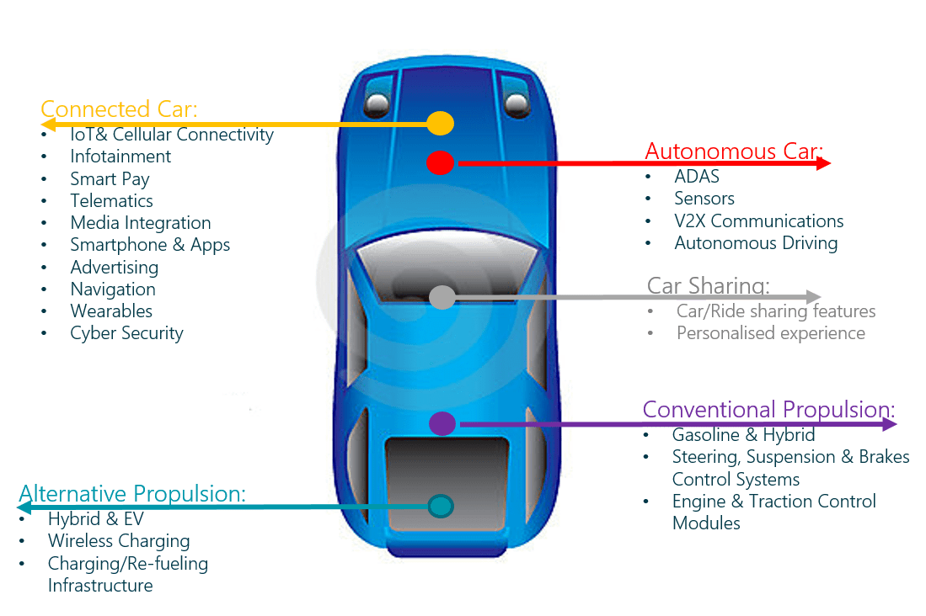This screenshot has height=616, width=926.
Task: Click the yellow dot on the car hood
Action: click(x=440, y=124)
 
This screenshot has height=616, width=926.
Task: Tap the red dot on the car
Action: click(x=440, y=162)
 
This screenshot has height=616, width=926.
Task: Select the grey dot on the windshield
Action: click(x=442, y=297)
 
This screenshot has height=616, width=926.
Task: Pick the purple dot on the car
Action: click(x=442, y=423)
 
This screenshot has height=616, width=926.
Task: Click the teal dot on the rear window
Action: click(x=441, y=506)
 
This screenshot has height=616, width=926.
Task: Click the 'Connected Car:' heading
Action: click(x=119, y=109)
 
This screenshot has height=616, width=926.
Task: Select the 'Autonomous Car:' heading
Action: click(x=733, y=151)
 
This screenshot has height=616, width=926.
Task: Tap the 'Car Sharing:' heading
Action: click(x=709, y=285)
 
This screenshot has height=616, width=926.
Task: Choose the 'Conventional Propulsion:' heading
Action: click(x=768, y=410)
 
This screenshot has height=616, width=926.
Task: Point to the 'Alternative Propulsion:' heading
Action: click(x=132, y=494)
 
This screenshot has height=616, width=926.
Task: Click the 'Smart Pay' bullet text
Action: click(x=110, y=178)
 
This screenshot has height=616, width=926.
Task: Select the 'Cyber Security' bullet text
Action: click(x=126, y=333)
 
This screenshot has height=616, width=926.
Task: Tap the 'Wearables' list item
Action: click(x=111, y=311)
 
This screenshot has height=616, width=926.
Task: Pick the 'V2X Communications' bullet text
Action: click(x=759, y=221)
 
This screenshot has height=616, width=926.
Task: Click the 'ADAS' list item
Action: click(x=697, y=177)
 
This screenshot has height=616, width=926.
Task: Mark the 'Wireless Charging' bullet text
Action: click(x=119, y=541)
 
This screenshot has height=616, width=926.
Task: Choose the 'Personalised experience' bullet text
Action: click(x=771, y=333)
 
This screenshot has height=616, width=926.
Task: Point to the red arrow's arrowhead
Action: click(x=824, y=163)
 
